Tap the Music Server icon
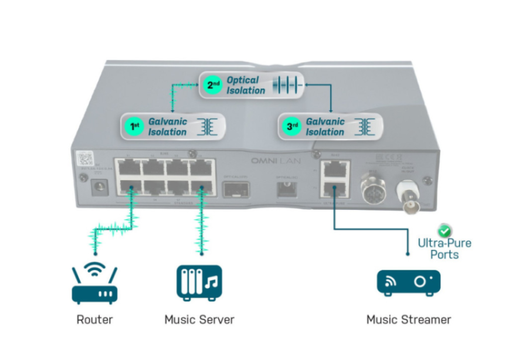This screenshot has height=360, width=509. [199, 283]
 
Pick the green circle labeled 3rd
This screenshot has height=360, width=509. [290, 127]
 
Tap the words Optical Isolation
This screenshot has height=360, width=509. [246, 85]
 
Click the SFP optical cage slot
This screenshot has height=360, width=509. [235, 189]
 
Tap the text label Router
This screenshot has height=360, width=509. [94, 320]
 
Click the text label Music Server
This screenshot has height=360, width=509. [199, 320]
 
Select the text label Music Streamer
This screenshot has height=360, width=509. [409, 320]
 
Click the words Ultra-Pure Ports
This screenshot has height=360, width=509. [444, 249]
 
